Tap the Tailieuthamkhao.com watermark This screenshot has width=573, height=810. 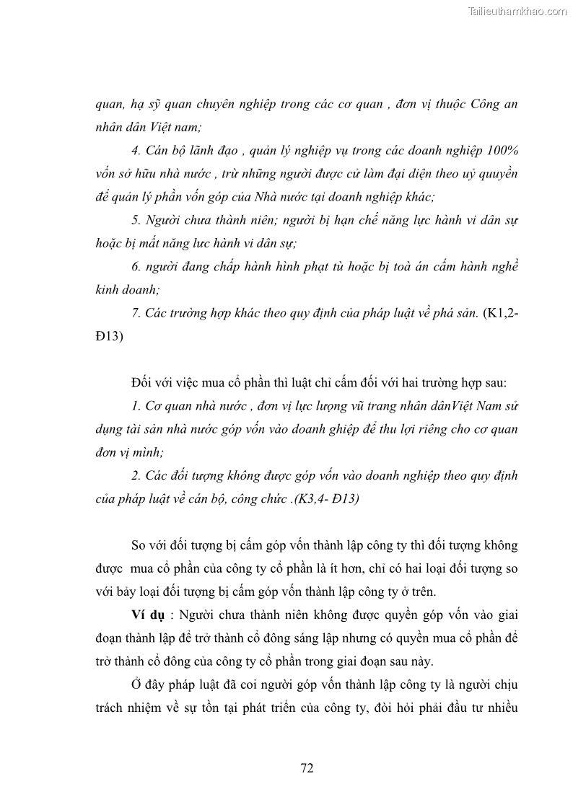517,11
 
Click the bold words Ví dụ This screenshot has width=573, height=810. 146,615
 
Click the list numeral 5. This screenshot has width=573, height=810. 136,220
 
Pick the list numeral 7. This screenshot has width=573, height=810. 136,312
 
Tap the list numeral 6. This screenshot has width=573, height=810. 136,266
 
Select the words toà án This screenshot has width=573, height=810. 414,266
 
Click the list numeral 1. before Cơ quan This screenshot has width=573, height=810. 136,406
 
